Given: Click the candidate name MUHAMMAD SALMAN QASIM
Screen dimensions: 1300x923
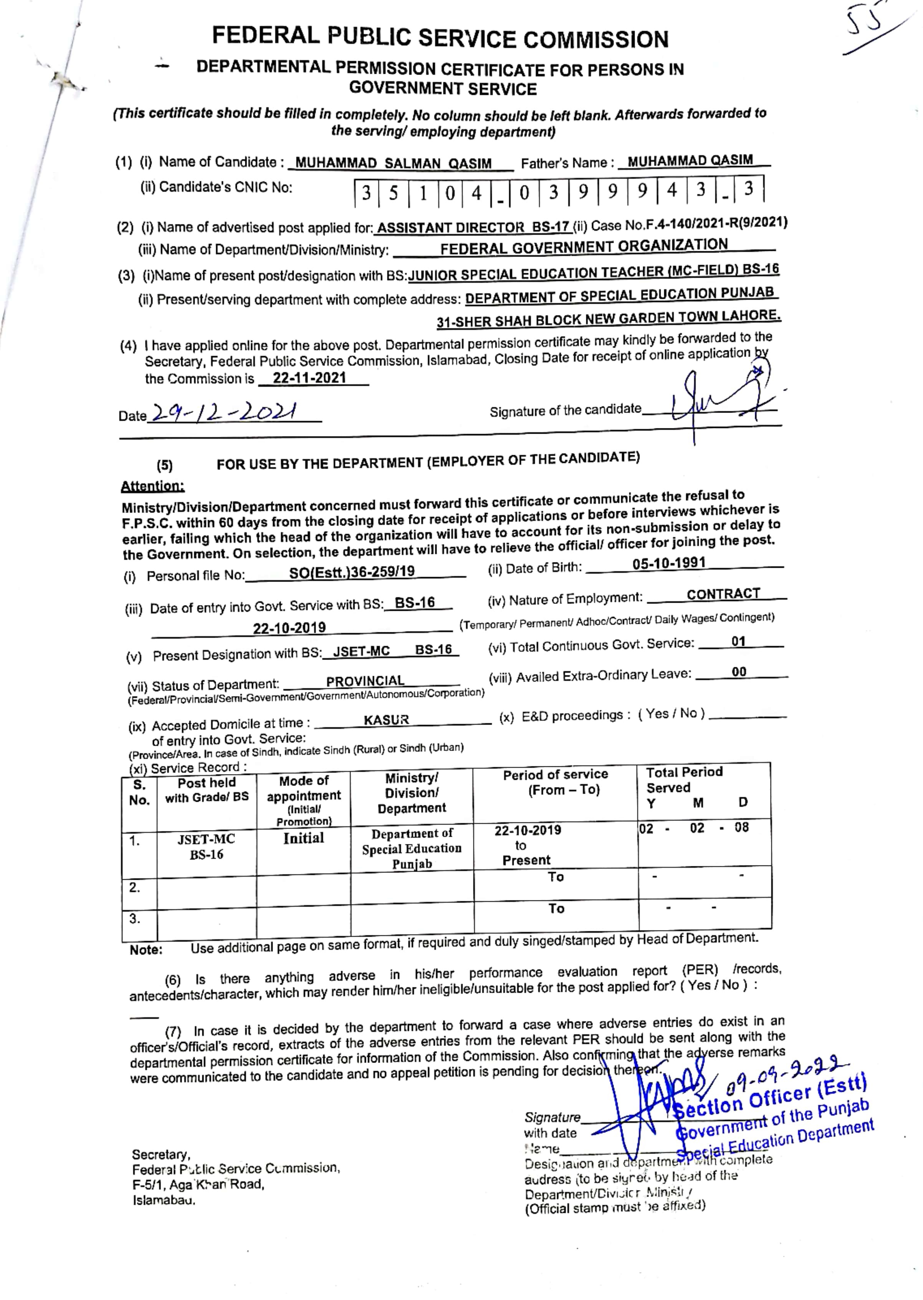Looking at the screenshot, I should [x=393, y=163].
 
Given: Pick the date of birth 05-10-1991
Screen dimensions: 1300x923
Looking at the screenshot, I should [x=669, y=563].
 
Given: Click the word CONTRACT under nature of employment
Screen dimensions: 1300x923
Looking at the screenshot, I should [x=723, y=594].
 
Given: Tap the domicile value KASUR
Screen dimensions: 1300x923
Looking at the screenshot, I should [x=387, y=720].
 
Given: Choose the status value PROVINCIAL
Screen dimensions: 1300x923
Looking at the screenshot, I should [x=365, y=681].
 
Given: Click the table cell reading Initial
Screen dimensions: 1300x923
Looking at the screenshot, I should [x=303, y=838].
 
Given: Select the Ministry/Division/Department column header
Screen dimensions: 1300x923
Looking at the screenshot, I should [x=412, y=793].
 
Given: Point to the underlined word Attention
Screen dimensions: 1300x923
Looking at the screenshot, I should [x=152, y=486].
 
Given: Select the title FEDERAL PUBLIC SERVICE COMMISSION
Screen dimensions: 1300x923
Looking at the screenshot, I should [x=440, y=38].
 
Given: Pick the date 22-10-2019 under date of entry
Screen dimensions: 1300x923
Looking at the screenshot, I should [x=289, y=628].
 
